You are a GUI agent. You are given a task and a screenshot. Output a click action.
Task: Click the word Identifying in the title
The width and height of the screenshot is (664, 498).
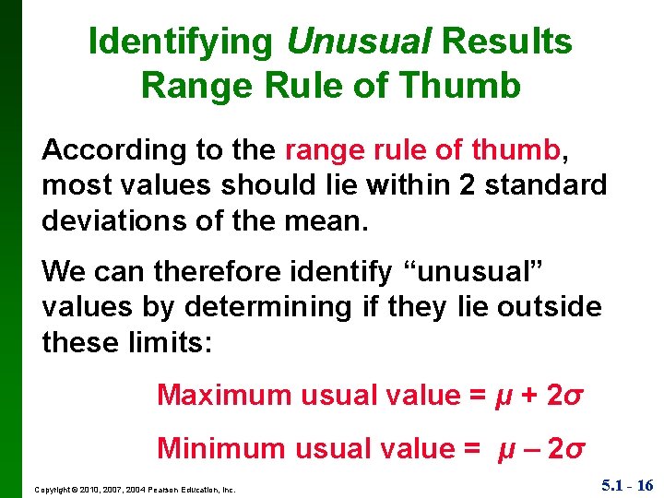[182, 41]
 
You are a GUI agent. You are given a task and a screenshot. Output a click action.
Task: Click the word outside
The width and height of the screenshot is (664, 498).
[550, 308]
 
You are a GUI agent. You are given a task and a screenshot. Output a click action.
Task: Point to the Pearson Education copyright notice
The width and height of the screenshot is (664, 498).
[135, 490]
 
